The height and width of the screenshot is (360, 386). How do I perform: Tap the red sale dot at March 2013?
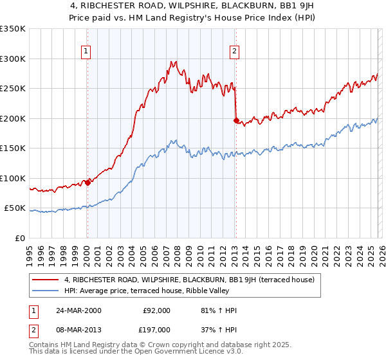(236, 120)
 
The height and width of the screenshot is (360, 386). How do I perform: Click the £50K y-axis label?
(15, 208)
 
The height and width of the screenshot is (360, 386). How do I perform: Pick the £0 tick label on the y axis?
(21, 238)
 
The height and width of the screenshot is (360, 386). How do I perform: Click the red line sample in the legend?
(46, 280)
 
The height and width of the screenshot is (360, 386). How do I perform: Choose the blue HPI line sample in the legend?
(46, 291)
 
